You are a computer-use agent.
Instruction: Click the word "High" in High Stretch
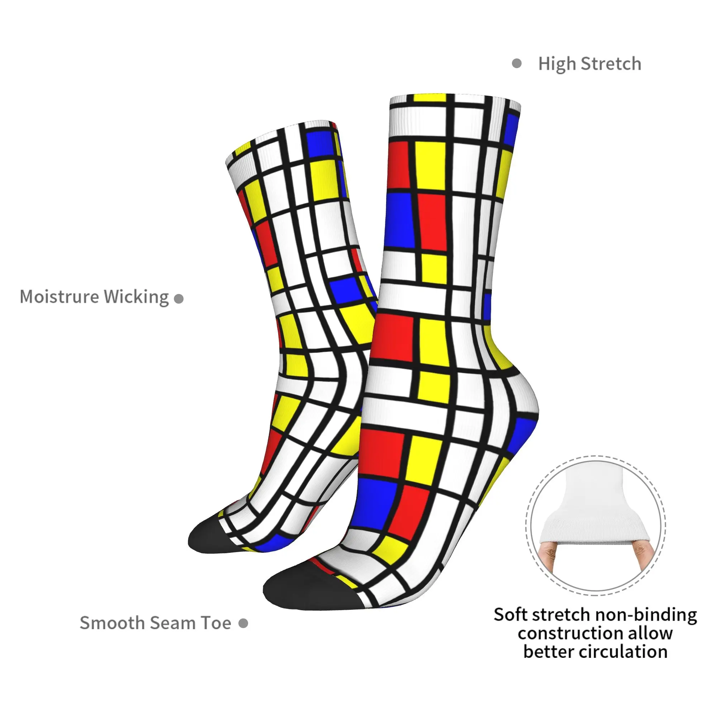click(x=557, y=64)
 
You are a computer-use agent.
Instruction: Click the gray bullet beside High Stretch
click(x=517, y=63)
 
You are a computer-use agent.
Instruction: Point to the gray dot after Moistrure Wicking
click(x=179, y=299)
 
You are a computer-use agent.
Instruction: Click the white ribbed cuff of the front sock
click(x=455, y=117)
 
